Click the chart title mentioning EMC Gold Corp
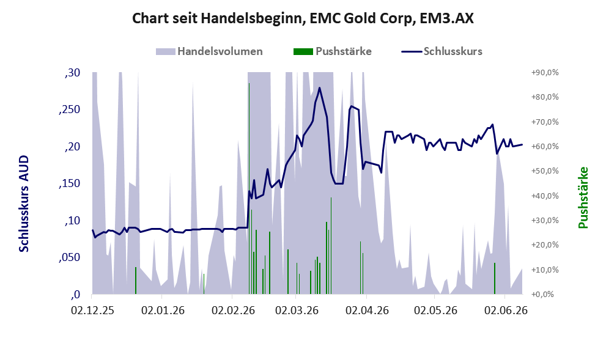coord(303,18)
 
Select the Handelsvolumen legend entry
coord(209,51)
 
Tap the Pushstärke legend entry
coord(333,51)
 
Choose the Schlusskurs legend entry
coord(442,51)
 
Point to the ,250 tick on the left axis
coord(69,109)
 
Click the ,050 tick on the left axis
coord(69,258)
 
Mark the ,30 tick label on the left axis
coord(72,73)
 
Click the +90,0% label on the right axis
coord(545,73)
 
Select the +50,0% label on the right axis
coord(545,171)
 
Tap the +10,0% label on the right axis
coord(545,270)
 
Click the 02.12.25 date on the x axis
coord(92,310)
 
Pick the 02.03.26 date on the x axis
coord(297,310)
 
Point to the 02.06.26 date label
coord(506,310)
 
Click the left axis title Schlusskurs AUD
coord(24,204)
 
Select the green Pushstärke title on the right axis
coord(583,197)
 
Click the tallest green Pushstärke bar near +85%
coord(249,188)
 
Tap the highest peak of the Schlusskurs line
coord(320,87)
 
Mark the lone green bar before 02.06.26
coord(495,278)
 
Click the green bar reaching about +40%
coord(331,246)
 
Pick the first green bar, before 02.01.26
coord(136,281)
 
